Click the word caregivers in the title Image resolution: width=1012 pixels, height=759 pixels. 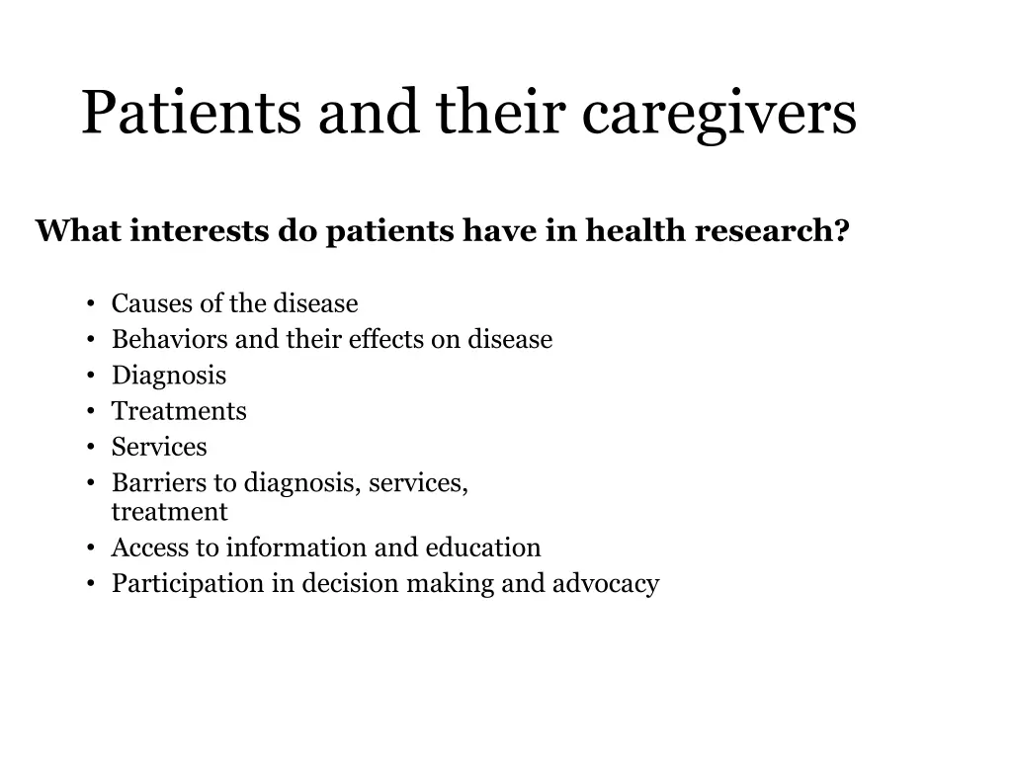(x=718, y=113)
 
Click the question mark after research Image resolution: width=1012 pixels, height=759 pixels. (x=841, y=230)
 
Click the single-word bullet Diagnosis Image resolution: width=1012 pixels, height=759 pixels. (x=168, y=376)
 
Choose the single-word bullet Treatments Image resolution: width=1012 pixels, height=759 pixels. (x=179, y=411)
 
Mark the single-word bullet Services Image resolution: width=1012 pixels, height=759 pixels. (x=159, y=447)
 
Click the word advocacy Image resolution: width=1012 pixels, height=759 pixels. (x=605, y=583)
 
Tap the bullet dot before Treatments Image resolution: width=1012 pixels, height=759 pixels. (x=90, y=412)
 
